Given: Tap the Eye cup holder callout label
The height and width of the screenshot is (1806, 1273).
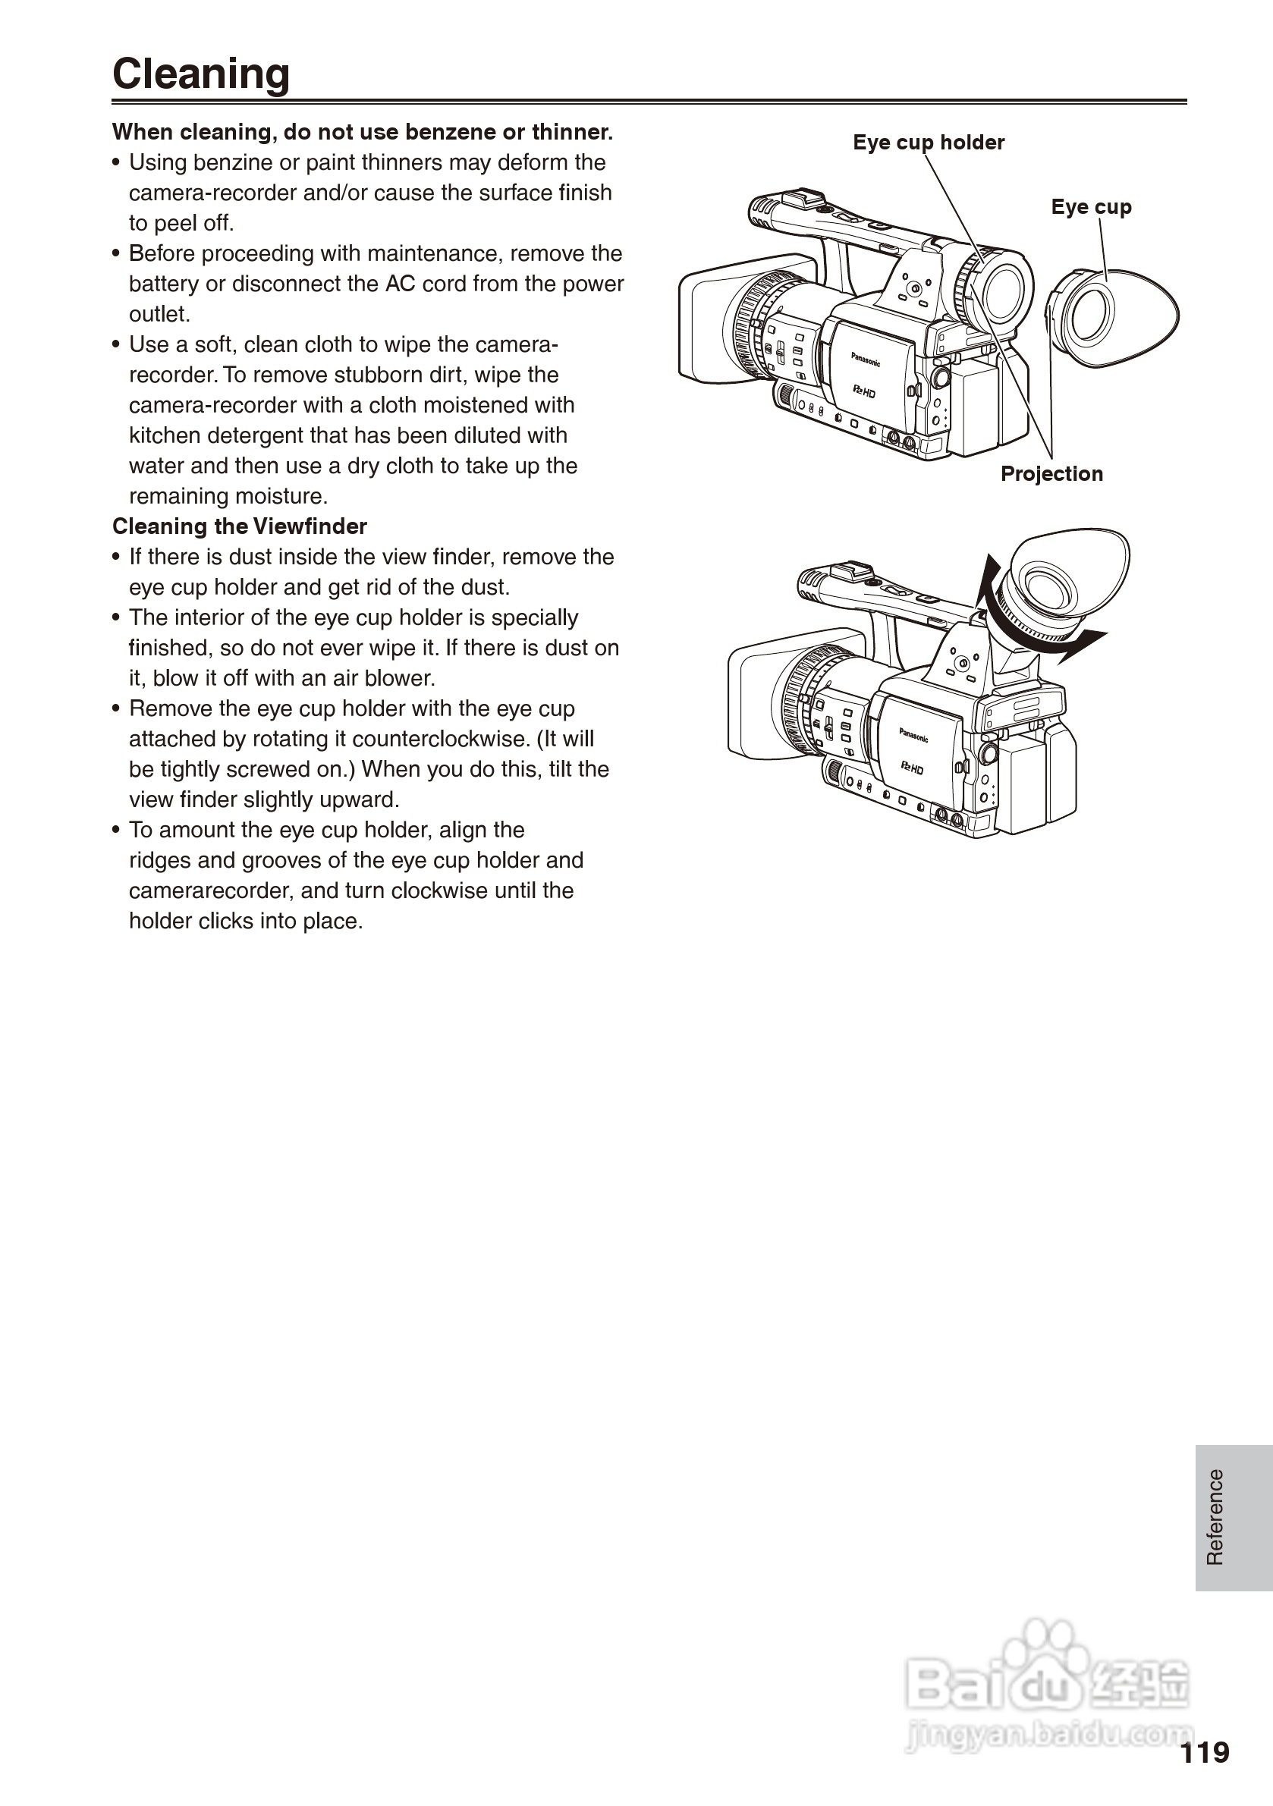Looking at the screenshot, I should click(x=929, y=143).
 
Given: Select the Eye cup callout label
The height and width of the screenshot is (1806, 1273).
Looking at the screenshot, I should click(x=1090, y=207).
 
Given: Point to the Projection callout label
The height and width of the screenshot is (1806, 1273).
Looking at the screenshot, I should click(x=1051, y=473).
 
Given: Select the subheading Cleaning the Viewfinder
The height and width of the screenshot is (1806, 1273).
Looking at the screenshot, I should click(x=239, y=526).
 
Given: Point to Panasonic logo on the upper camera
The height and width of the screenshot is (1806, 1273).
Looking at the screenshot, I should click(x=866, y=360).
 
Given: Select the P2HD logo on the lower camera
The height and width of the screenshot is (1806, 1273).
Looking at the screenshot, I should click(x=912, y=768).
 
